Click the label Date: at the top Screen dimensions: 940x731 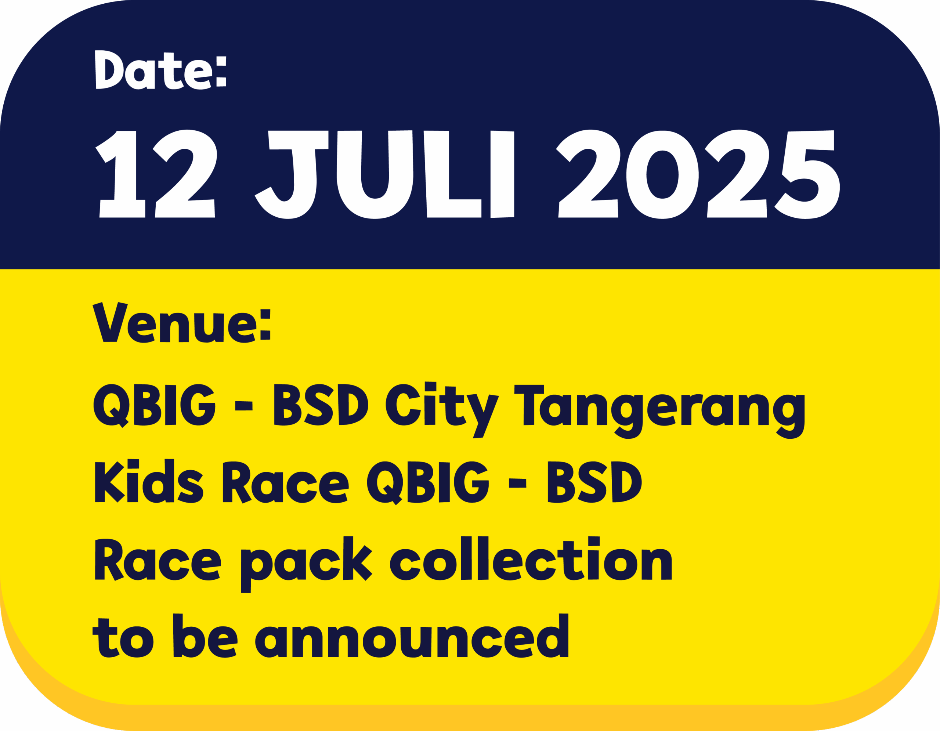tap(160, 70)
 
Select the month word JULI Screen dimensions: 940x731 tap(384, 174)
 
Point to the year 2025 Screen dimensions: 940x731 tap(698, 174)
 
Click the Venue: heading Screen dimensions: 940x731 tap(182, 323)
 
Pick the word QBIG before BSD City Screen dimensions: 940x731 tap(154, 405)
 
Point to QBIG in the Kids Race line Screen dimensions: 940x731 tap(428, 483)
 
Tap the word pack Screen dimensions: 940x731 tap(307, 564)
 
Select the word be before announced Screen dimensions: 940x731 tap(205, 636)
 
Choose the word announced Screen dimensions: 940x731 tap(412, 636)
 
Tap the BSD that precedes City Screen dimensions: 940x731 tap(321, 405)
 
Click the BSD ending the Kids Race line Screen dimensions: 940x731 tap(594, 481)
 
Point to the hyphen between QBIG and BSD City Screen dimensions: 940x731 tap(243, 406)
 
